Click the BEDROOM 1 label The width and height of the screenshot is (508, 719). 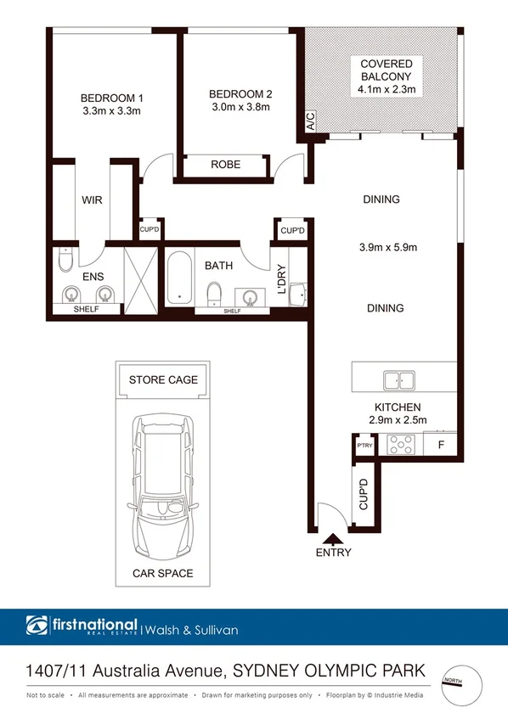tap(110, 96)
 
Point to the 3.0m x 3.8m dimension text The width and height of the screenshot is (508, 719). tap(240, 107)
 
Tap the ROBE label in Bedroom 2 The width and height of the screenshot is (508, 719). tap(225, 165)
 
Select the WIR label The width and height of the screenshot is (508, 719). tap(93, 201)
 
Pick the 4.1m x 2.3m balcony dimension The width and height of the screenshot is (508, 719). tap(386, 88)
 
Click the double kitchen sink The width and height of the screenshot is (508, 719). tap(398, 379)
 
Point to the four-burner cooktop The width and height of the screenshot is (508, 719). tap(400, 444)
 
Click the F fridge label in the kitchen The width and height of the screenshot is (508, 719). tap(441, 444)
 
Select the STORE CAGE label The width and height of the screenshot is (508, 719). tap(163, 379)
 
